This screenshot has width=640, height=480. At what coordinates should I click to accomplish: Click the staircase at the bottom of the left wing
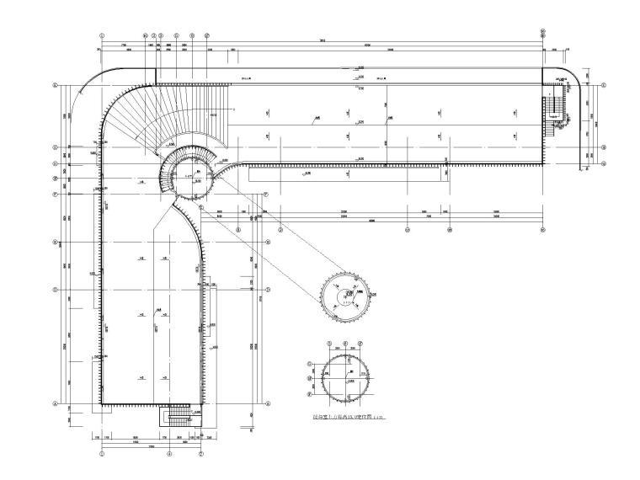(179, 419)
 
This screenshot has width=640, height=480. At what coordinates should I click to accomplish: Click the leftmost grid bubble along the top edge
(102, 35)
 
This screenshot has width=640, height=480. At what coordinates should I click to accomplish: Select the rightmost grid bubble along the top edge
(543, 35)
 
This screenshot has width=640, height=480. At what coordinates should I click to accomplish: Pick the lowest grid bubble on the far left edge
(56, 403)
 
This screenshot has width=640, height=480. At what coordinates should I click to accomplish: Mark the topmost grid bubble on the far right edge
(605, 84)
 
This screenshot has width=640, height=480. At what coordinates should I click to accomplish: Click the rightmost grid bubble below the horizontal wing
(543, 228)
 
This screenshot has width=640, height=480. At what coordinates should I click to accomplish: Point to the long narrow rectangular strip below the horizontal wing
(345, 173)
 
